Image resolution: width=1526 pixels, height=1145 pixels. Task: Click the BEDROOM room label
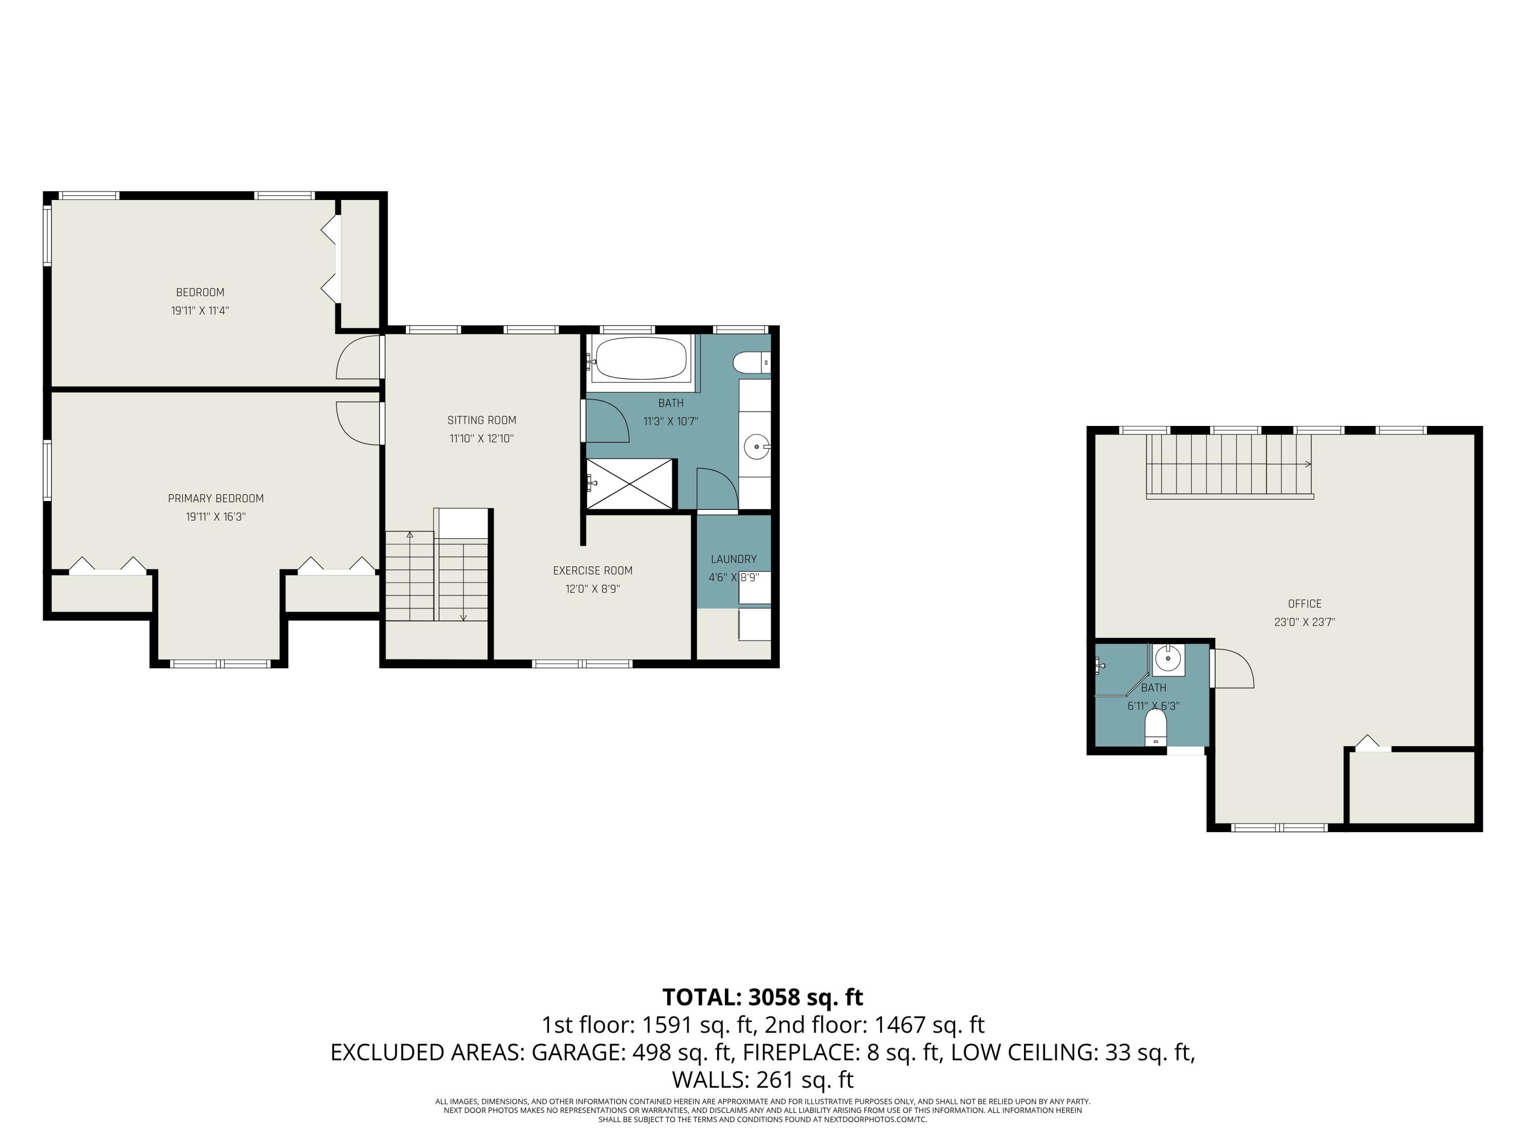point(200,293)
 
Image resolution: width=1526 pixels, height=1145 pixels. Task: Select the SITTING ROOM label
point(482,420)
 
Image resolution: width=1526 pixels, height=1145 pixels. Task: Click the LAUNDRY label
point(733,559)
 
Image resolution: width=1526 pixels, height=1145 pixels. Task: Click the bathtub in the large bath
point(641,358)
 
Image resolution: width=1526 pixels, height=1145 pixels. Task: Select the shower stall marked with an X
point(629,484)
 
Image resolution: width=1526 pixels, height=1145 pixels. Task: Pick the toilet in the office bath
point(1156,727)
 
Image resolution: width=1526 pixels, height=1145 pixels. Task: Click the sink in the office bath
point(1168,659)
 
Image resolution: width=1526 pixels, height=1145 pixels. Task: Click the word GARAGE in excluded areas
point(577,1052)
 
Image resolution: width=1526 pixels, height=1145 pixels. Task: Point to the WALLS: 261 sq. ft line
point(762,1079)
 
